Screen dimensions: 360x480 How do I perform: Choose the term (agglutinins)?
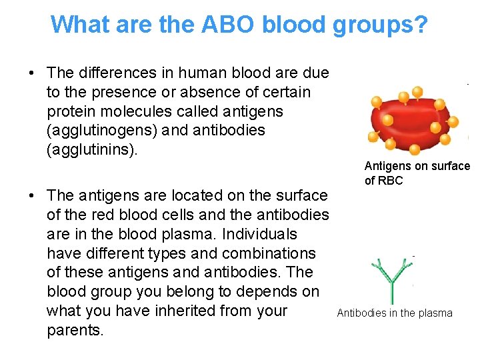click(91, 149)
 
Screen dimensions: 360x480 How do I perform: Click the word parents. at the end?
click(75, 330)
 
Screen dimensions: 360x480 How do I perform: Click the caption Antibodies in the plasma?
click(394, 313)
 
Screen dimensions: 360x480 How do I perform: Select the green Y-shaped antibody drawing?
click(391, 281)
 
